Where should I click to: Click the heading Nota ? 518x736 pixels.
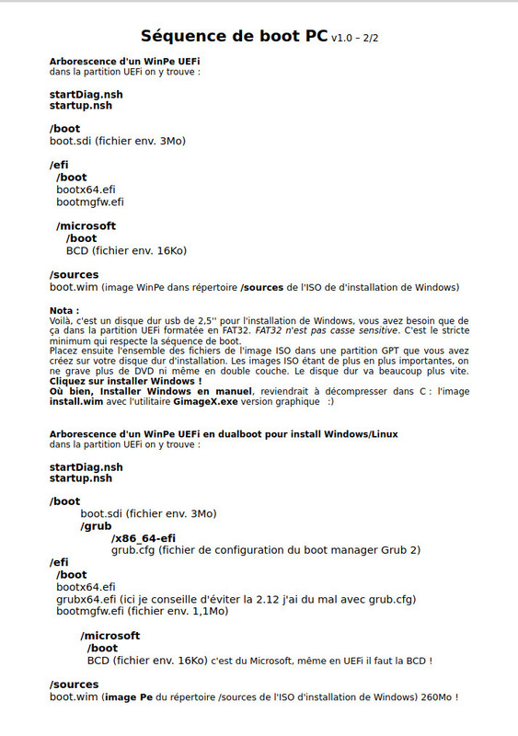point(64,310)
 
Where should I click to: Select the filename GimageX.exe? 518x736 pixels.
point(208,401)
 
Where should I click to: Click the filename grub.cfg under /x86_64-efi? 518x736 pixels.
point(132,550)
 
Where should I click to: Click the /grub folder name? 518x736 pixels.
point(96,526)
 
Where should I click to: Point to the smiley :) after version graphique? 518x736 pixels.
point(331,401)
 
